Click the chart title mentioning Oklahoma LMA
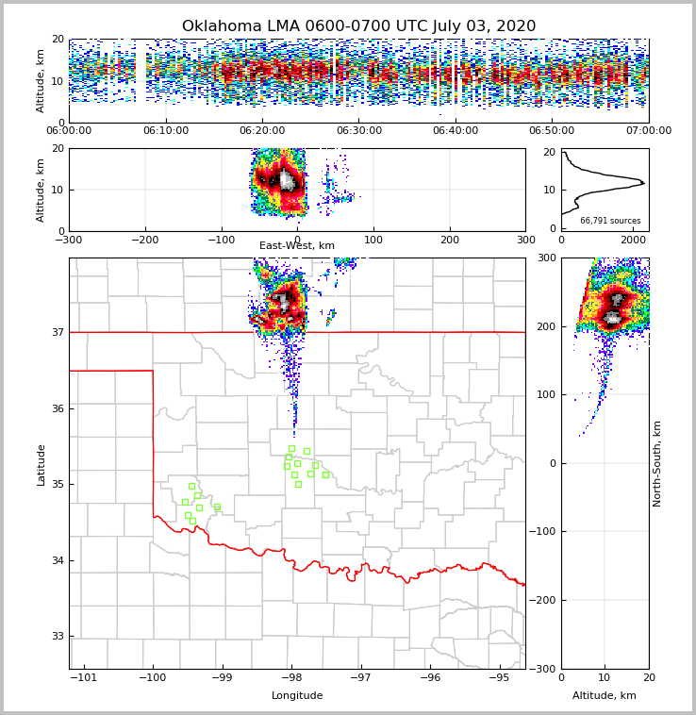358,26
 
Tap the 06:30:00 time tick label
359,131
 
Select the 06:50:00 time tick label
552,131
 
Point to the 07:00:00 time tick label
648,131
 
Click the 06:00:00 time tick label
69,131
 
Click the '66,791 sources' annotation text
610,221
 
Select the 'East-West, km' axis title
297,246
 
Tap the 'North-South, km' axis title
657,463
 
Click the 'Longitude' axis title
297,696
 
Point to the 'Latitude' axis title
41,464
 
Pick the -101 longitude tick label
84,677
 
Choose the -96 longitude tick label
430,677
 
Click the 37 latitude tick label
57,332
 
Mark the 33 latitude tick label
57,637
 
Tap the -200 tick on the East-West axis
144,240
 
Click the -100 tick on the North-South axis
544,532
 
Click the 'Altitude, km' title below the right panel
605,696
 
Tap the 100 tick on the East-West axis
373,240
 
